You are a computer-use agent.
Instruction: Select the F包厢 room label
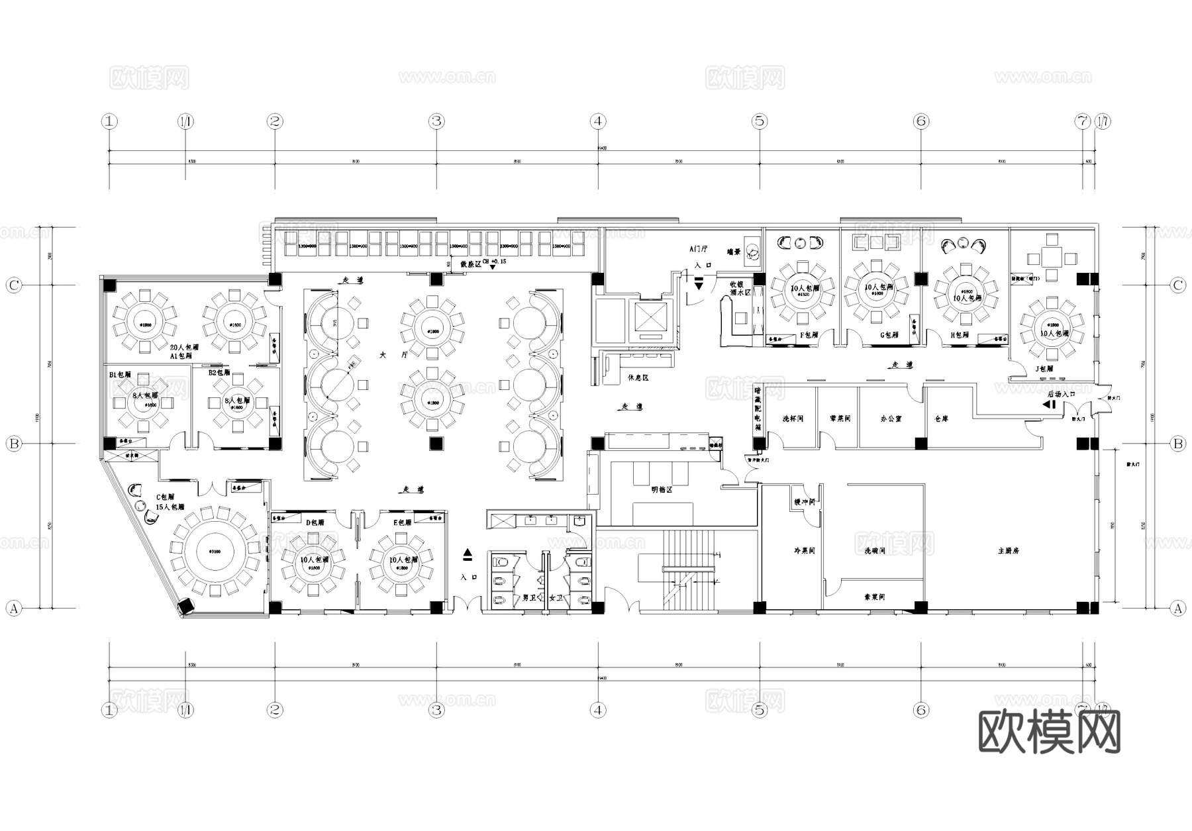pos(809,335)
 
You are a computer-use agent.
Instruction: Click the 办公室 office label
pos(891,419)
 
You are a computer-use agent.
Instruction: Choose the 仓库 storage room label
pos(941,419)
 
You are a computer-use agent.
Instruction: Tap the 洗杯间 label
pos(792,419)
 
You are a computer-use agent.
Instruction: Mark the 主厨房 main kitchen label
pos(1008,550)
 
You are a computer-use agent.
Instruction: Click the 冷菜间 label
pos(804,550)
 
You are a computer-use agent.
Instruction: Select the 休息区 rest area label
pos(637,377)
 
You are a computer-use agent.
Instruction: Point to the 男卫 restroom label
pos(528,598)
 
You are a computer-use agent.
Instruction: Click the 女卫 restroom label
pos(555,598)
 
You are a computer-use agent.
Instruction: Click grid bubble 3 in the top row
pos(436,121)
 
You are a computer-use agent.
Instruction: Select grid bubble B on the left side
pos(14,444)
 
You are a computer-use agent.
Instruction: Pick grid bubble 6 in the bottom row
pos(921,710)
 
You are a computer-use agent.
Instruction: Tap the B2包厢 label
pos(219,373)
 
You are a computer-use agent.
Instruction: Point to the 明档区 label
pos(661,490)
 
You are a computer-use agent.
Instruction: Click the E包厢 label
pos(401,522)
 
